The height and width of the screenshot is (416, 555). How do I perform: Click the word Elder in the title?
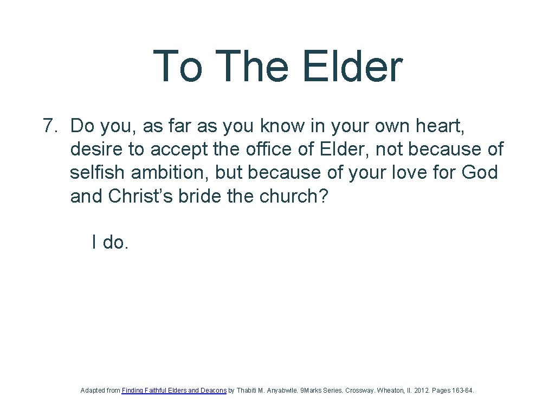[x=352, y=67]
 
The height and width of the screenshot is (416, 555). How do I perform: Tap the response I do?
[x=110, y=243]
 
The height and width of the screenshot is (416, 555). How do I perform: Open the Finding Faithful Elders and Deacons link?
[x=174, y=390]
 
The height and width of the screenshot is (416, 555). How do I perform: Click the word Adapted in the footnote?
[x=93, y=390]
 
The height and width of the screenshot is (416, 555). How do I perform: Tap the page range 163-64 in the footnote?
[x=462, y=390]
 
